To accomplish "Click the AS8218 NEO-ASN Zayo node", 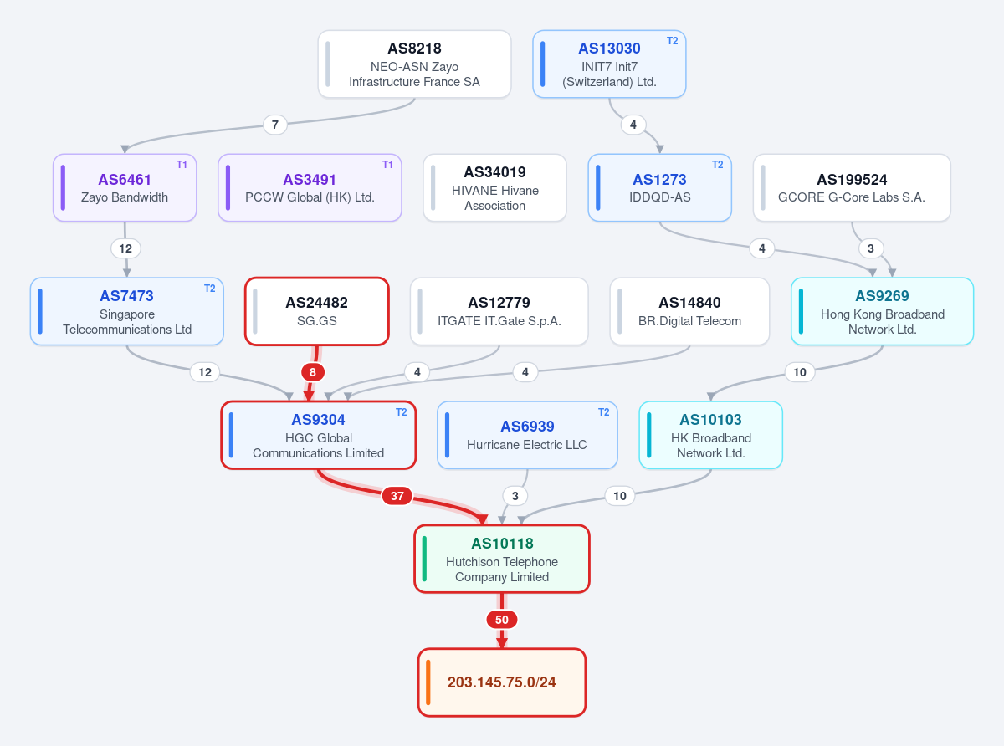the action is click(414, 64).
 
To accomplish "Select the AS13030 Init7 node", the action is click(609, 64).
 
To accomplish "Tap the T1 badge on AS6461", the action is click(182, 165).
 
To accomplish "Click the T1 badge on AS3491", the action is click(387, 165).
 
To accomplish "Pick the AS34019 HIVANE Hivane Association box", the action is click(494, 188).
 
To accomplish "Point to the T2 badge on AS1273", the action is click(718, 165).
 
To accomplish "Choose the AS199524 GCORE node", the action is click(852, 188).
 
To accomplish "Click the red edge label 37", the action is click(397, 496).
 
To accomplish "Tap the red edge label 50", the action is click(501, 619).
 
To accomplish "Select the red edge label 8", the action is click(312, 372).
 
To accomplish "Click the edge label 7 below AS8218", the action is click(274, 125).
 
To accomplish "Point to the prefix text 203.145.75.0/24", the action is click(501, 682).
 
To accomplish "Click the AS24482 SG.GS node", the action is click(317, 311).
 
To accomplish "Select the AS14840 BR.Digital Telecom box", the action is click(689, 311).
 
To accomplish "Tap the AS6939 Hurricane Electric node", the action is click(527, 435).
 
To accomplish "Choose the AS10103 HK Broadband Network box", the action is click(710, 435).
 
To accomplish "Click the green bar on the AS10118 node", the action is click(424, 559).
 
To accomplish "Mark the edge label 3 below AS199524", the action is click(870, 248).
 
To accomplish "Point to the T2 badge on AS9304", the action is click(402, 412).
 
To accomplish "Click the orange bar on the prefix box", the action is click(428, 682).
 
